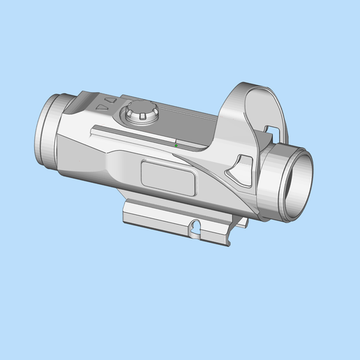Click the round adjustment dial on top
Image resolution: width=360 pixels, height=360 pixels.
coord(140,112)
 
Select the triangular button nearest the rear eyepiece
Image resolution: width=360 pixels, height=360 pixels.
coord(101,109)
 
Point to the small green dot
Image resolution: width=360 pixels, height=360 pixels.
coord(176,145)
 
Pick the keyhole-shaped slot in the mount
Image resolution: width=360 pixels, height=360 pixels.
coord(197,227)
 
